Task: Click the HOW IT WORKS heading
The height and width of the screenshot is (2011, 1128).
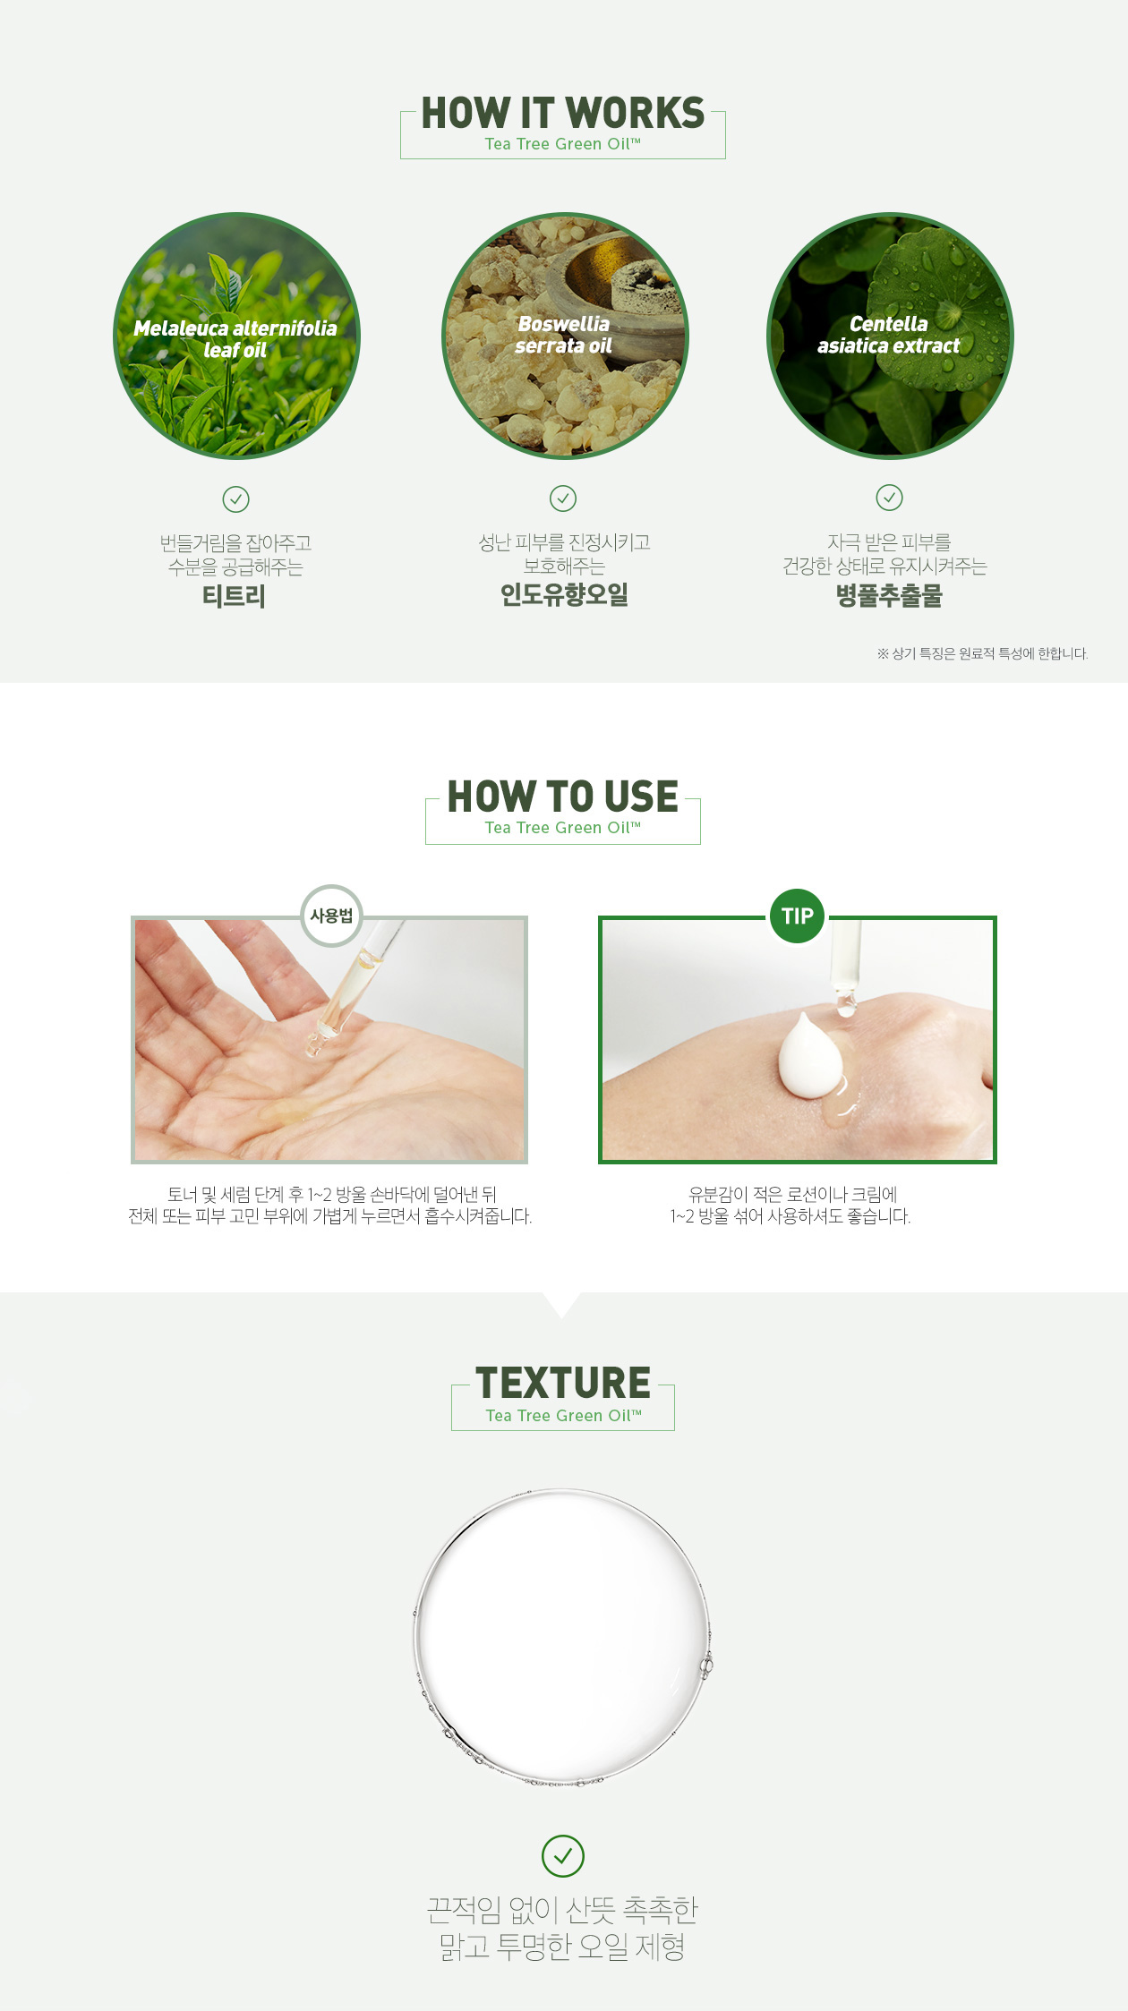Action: pos(562,114)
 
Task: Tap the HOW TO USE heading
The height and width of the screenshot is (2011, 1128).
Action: pos(562,797)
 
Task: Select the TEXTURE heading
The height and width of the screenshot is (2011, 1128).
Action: pos(562,1383)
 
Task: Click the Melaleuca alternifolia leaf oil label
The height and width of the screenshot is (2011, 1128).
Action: pos(235,339)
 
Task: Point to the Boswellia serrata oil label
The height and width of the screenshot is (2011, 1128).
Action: pos(563,335)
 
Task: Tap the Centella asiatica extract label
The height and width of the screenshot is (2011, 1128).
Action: pos(888,335)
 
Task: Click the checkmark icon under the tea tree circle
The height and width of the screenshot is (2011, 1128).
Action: pos(235,498)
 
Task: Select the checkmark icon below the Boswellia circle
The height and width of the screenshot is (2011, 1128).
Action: pos(563,498)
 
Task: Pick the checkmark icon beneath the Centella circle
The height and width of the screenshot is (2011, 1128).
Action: pos(889,497)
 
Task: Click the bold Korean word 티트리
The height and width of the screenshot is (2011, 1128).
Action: pos(234,596)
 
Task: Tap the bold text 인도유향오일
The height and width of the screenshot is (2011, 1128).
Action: pos(564,594)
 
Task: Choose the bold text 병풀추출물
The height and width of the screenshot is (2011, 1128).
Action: pos(889,596)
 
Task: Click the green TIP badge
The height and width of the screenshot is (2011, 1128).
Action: pos(797,916)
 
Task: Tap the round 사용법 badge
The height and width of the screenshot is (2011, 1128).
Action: pos(331,916)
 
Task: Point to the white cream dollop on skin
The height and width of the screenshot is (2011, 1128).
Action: pos(810,1057)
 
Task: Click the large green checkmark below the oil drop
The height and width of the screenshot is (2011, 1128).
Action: pos(563,1856)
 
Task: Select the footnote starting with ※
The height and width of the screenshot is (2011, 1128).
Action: pos(982,653)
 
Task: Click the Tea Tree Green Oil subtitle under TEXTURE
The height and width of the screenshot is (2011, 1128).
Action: pos(563,1416)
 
